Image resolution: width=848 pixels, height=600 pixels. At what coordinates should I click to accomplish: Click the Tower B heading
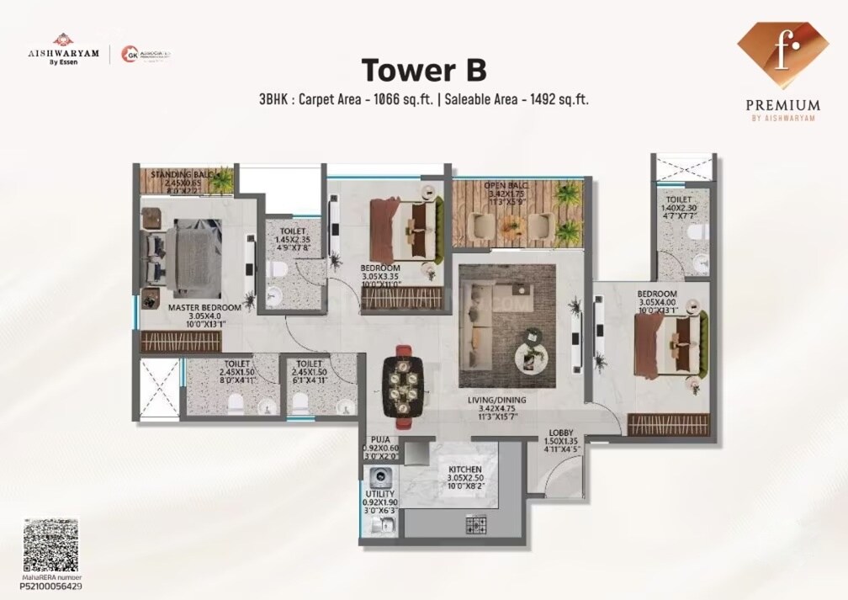click(x=424, y=70)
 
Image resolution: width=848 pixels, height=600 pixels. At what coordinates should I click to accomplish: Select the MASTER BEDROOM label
click(x=204, y=308)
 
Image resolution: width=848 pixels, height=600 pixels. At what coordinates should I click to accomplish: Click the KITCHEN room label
click(x=464, y=469)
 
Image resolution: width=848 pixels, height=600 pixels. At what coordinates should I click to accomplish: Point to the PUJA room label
click(x=379, y=438)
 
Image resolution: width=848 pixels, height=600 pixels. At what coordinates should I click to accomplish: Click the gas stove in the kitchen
click(x=477, y=526)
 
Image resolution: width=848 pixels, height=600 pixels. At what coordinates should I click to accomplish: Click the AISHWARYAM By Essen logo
click(x=63, y=50)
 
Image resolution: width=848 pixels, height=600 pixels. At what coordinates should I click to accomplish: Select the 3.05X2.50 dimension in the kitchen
click(x=464, y=479)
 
